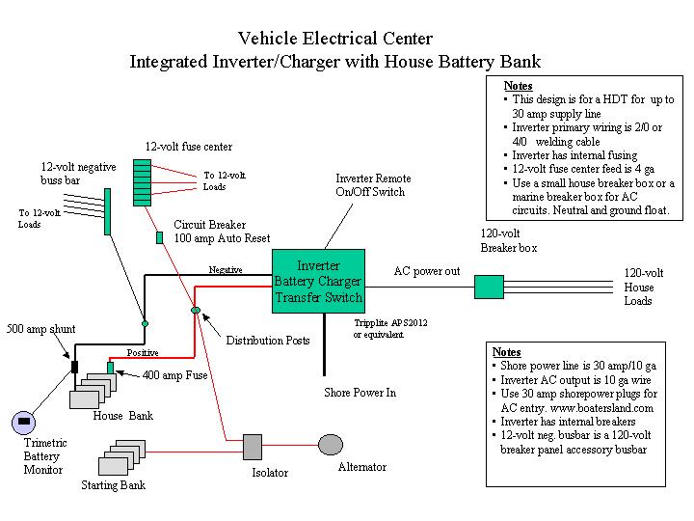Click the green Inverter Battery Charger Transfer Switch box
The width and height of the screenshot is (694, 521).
point(318,281)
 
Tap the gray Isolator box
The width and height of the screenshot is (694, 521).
point(253,447)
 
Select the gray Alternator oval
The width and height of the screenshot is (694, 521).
point(331,445)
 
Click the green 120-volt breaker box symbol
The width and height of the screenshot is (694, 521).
point(490,287)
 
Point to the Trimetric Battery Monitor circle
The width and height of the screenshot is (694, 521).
point(25,422)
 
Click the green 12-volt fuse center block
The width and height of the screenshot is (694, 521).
point(141,178)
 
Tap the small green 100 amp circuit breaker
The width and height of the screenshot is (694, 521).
point(159,236)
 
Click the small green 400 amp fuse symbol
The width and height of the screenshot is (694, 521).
point(110,368)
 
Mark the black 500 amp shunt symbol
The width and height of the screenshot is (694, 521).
point(73,367)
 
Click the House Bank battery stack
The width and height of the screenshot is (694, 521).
point(93,390)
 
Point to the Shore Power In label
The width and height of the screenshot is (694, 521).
point(360,393)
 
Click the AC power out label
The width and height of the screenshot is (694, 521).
point(426,271)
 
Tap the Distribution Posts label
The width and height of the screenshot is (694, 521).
point(268,341)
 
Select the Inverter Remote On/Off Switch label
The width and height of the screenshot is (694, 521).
point(372,185)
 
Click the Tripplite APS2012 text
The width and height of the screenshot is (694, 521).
point(390,322)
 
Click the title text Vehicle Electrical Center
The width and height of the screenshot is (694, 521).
point(334,40)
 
